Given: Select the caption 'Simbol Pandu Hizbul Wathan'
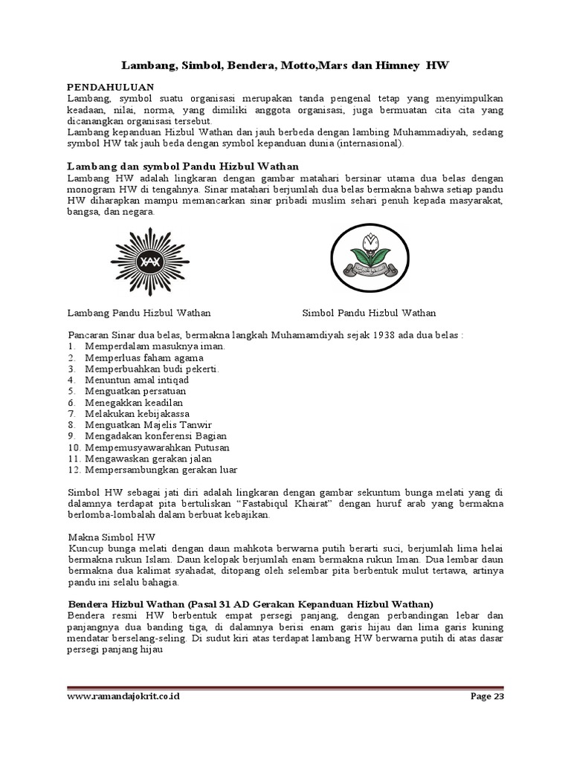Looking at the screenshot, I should [369, 313].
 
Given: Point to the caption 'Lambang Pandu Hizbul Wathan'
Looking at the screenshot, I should [139, 313].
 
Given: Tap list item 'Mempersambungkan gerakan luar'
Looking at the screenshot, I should [161, 469].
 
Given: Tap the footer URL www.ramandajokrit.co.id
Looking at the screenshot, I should [123, 696].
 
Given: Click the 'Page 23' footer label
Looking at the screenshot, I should [487, 696].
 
